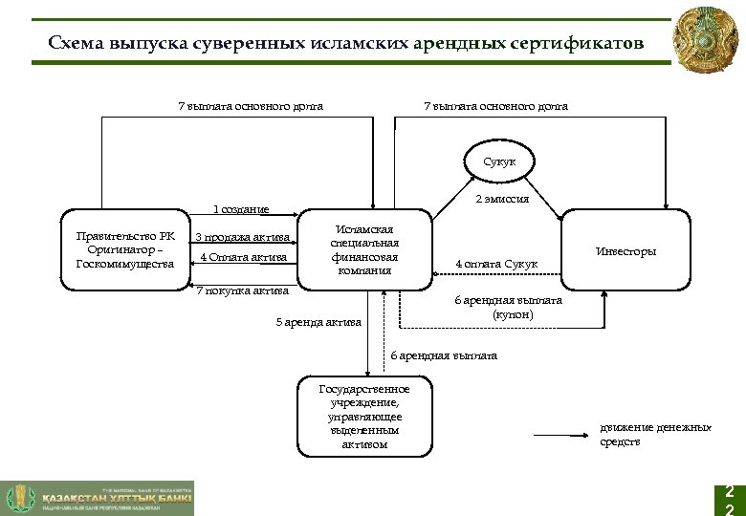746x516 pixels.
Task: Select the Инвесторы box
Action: tap(625, 250)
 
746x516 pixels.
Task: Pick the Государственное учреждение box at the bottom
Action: tap(363, 417)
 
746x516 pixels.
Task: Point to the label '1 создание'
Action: tap(240, 208)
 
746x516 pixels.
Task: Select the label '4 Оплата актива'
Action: tap(243, 257)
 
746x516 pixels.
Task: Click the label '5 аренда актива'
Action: tap(318, 322)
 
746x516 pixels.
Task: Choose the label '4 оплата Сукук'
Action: tap(496, 264)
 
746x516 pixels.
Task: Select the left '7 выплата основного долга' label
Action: tap(251, 106)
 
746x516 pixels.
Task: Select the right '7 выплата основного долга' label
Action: tap(495, 106)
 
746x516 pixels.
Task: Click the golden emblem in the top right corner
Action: tap(706, 40)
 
